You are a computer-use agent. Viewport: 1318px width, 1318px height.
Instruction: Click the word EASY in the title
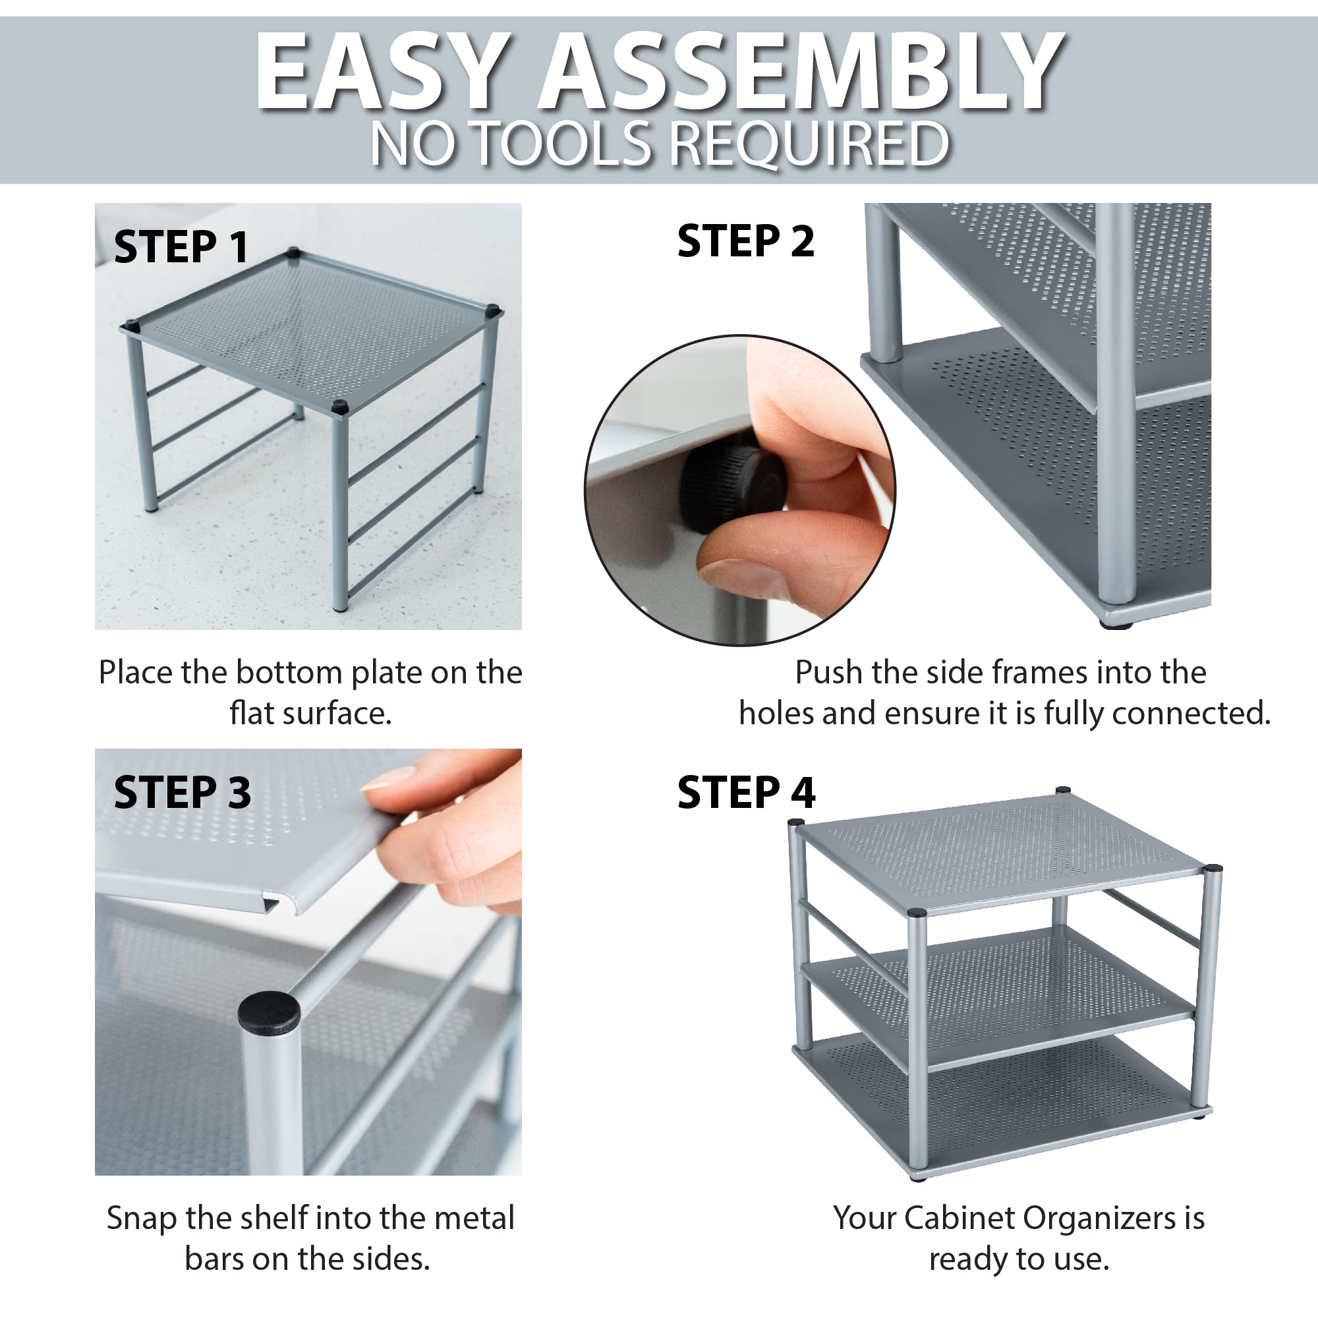pyautogui.click(x=384, y=72)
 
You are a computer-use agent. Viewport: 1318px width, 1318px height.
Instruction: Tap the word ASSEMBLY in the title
pyautogui.click(x=801, y=72)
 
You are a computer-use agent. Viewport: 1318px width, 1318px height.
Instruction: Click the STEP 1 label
pyautogui.click(x=181, y=246)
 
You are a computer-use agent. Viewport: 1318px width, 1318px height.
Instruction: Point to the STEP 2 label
pyautogui.click(x=745, y=241)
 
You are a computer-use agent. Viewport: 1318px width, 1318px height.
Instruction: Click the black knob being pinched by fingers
pyautogui.click(x=733, y=485)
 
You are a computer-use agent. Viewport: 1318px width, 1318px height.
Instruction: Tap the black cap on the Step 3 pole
pyautogui.click(x=269, y=1011)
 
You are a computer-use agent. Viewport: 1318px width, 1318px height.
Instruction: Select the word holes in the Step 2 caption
pyautogui.click(x=776, y=714)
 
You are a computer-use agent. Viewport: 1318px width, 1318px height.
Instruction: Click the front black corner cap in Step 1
pyautogui.click(x=340, y=408)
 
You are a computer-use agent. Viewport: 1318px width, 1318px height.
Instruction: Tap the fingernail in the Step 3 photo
pyautogui.click(x=388, y=778)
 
